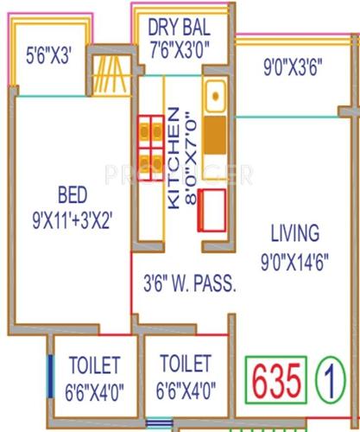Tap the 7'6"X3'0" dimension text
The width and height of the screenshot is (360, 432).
point(181,45)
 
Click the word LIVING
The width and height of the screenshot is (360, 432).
point(294,233)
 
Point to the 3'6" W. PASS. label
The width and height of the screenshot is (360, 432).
point(189,282)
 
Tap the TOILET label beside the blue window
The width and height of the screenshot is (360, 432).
point(92,366)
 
